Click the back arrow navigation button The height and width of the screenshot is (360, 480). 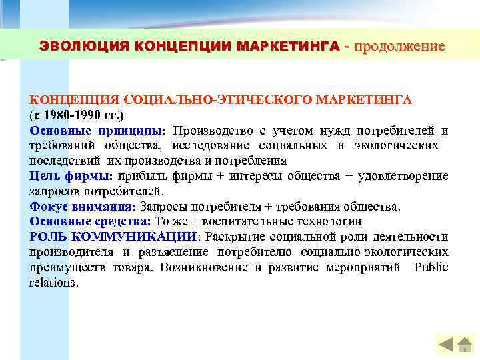click(447, 345)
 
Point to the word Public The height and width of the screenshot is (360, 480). click(431, 267)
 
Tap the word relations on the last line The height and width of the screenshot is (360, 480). click(53, 283)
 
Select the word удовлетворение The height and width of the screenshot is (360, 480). click(403, 176)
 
